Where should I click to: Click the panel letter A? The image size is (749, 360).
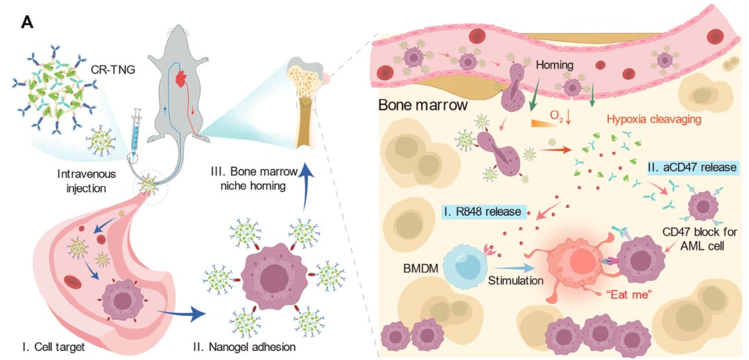point(27,22)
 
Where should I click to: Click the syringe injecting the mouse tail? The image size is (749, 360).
point(136,132)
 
